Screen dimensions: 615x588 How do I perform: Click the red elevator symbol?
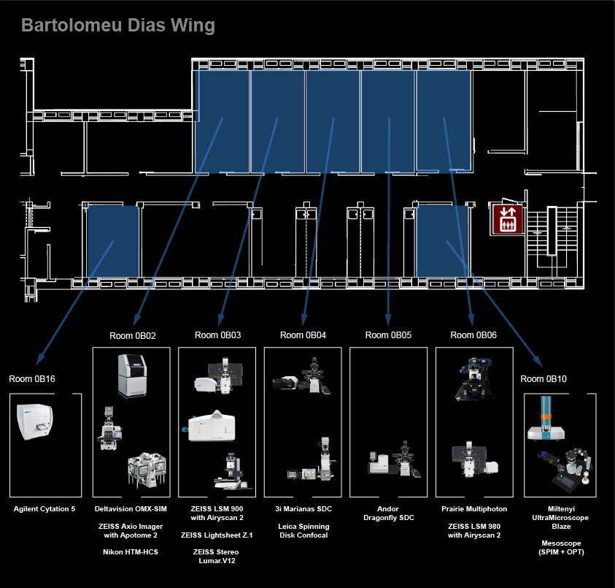click(508, 219)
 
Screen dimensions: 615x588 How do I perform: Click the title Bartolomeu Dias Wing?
click(118, 26)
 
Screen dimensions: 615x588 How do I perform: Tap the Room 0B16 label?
click(32, 379)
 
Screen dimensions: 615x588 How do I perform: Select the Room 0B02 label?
click(133, 336)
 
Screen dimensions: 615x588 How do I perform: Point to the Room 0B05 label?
click(388, 335)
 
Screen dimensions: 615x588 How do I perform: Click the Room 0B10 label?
click(544, 379)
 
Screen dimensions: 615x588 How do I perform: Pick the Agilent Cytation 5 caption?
click(45, 509)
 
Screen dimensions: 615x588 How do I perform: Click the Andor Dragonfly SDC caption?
click(388, 513)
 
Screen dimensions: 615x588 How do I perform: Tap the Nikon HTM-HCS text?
click(131, 552)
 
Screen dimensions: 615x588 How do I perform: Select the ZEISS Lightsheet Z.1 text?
click(217, 535)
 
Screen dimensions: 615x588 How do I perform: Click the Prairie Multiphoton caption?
click(474, 509)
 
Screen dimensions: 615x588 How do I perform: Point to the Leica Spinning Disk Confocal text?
click(303, 530)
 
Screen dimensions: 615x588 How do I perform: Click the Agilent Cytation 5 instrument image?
click(34, 421)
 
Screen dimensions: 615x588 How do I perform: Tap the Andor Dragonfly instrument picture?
click(394, 459)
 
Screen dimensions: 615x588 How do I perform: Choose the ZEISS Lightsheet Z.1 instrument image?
click(209, 426)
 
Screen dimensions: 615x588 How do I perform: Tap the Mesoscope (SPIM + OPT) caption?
click(561, 548)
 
